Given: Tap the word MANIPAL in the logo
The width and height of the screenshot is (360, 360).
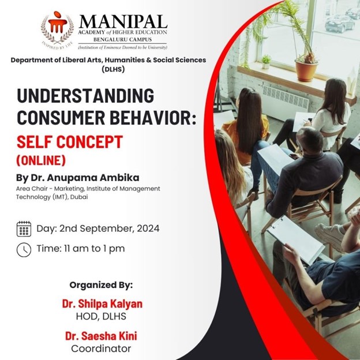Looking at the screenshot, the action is (x=123, y=22).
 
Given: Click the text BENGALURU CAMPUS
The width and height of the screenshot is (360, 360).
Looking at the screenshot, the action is (x=123, y=39).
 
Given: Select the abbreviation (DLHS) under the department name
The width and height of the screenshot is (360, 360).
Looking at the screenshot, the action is (x=113, y=69).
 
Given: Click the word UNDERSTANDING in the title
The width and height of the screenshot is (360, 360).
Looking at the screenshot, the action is (x=85, y=96).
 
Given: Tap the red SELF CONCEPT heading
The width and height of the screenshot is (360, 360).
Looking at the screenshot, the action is (x=70, y=142).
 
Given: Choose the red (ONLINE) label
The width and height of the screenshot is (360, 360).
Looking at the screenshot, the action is (x=41, y=160).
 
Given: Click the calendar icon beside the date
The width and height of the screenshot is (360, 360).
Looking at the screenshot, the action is (x=24, y=228).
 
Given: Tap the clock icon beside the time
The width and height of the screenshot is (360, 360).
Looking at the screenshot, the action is (x=24, y=250).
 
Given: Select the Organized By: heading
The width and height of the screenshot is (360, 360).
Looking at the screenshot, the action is (x=101, y=285).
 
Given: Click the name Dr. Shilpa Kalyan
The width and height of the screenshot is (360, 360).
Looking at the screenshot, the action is (x=102, y=303).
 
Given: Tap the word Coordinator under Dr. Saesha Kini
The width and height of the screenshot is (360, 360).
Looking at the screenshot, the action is (x=101, y=348).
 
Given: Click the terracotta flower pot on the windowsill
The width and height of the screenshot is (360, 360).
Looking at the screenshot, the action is (x=306, y=70).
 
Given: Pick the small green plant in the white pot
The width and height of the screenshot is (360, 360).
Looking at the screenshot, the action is (x=266, y=61).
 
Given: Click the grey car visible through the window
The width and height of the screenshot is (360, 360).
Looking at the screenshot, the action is (x=340, y=24).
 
